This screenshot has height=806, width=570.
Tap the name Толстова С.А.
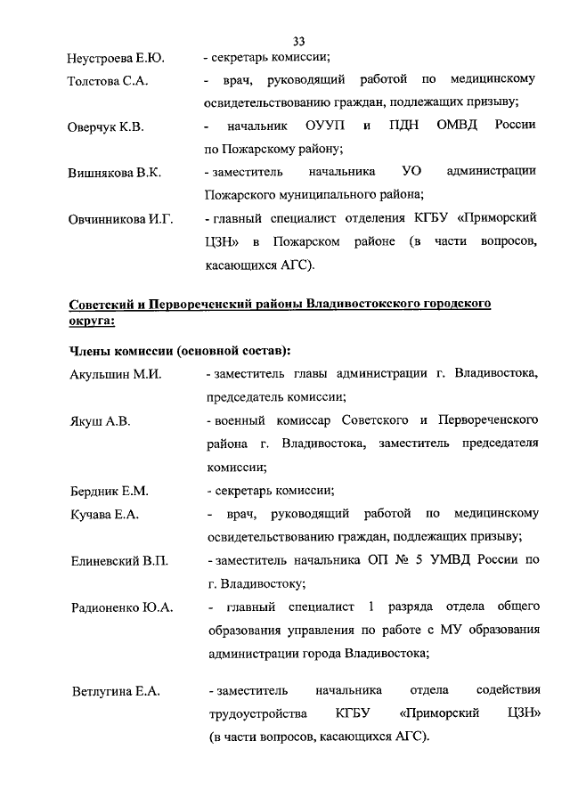pos(107,82)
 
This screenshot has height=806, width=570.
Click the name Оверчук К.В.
pos(105,127)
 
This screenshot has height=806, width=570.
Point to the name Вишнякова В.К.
pos(113,173)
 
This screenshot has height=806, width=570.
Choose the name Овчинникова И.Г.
pos(119,218)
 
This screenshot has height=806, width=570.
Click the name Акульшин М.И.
pos(114,375)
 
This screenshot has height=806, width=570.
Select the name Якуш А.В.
pos(100,421)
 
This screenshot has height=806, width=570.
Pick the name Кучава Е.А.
pos(103,515)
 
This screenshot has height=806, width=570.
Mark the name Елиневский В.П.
pos(118,561)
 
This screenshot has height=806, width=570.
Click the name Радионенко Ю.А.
pos(121,607)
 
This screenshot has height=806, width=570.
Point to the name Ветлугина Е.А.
pos(114,692)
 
